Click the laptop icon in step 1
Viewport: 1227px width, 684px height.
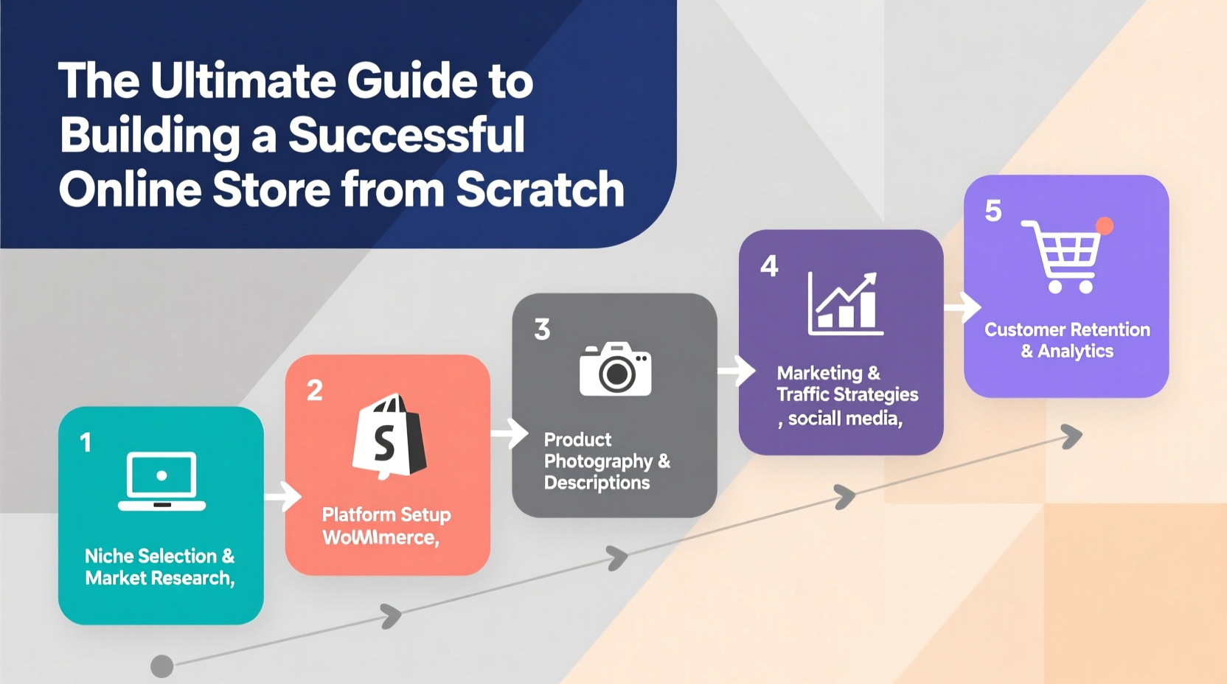coord(161,481)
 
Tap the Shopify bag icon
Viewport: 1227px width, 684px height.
coord(389,436)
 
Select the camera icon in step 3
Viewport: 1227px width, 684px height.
coord(615,369)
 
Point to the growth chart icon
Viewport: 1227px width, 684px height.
coord(845,304)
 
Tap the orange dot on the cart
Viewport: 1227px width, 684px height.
coord(1104,226)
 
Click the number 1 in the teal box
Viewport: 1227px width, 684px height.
coord(86,443)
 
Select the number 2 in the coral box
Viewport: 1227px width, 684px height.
coord(315,390)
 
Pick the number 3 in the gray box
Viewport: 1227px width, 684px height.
coord(542,329)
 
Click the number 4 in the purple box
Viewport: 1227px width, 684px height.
coord(769,266)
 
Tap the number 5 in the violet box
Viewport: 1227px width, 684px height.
coord(993,212)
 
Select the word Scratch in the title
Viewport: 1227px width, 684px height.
coord(540,189)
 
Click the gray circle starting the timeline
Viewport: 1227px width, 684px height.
coord(161,666)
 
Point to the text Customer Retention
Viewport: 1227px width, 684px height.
coord(1067,329)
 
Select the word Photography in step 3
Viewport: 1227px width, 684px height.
coord(598,461)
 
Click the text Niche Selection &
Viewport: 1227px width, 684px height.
coord(159,556)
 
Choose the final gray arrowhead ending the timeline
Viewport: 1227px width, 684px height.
coord(1072,436)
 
